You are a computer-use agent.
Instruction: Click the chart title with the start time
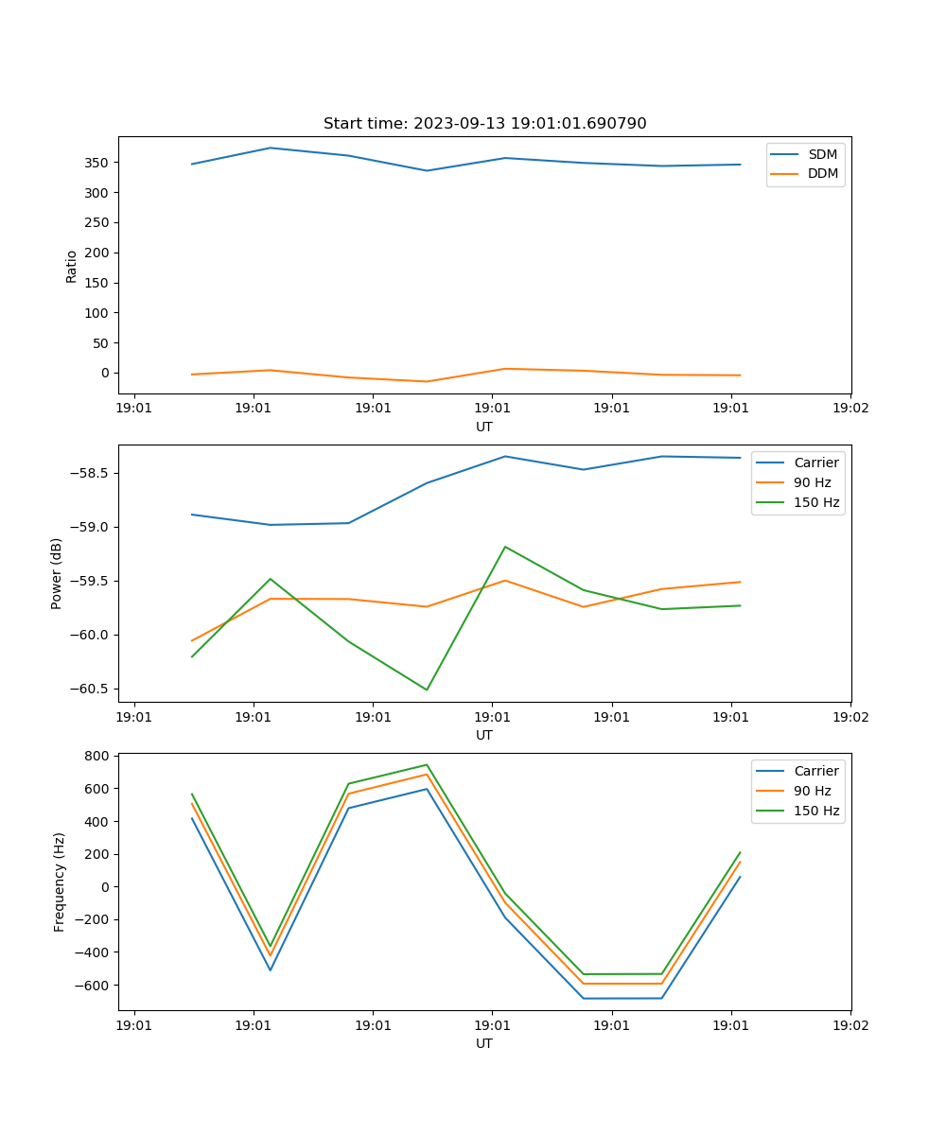[x=484, y=124]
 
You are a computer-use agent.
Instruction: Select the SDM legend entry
[x=822, y=154]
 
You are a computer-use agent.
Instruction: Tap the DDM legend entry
[x=822, y=173]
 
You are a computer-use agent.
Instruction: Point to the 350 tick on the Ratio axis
[x=97, y=163]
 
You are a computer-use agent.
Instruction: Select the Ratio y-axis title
[x=72, y=266]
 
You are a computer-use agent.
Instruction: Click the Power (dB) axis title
[x=58, y=573]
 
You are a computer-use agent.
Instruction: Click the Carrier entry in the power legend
[x=816, y=463]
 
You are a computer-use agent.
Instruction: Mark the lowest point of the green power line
[x=427, y=690]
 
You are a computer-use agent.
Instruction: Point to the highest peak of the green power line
[x=505, y=547]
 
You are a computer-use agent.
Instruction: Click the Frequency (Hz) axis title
[x=60, y=882]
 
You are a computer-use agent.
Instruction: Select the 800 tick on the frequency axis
[x=97, y=756]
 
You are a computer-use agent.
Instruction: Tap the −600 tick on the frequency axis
[x=93, y=985]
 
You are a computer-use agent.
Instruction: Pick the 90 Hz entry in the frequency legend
[x=813, y=791]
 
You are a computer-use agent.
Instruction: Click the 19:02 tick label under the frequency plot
[x=850, y=1024]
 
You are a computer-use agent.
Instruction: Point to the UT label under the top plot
[x=484, y=427]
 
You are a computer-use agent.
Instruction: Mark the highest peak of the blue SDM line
[x=271, y=148]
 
